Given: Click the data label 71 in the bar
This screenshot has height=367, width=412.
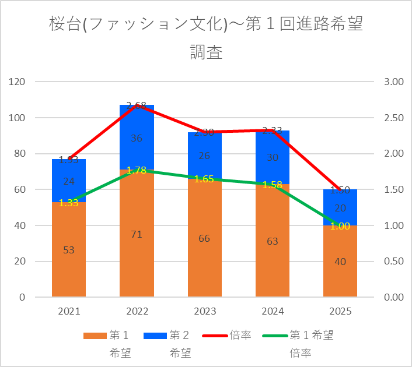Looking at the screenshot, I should (x=137, y=234).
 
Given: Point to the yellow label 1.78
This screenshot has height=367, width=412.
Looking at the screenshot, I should (x=137, y=170).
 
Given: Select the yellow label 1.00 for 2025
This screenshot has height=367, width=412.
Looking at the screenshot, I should (x=340, y=226).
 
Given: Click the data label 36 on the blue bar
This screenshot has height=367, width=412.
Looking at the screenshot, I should (x=137, y=139).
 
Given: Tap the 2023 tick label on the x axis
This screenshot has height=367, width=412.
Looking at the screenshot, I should (x=204, y=312).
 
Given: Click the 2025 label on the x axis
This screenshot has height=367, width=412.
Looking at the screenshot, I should (x=340, y=312).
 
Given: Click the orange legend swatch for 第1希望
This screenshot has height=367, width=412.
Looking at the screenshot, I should (x=95, y=336).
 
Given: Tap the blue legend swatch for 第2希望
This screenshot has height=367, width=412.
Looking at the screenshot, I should (x=155, y=336).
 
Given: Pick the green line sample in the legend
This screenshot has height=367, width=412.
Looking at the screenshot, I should (x=274, y=336).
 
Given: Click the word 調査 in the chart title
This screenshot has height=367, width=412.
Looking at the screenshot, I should (x=206, y=52).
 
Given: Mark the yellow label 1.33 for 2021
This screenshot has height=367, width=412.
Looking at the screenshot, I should (x=69, y=203).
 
